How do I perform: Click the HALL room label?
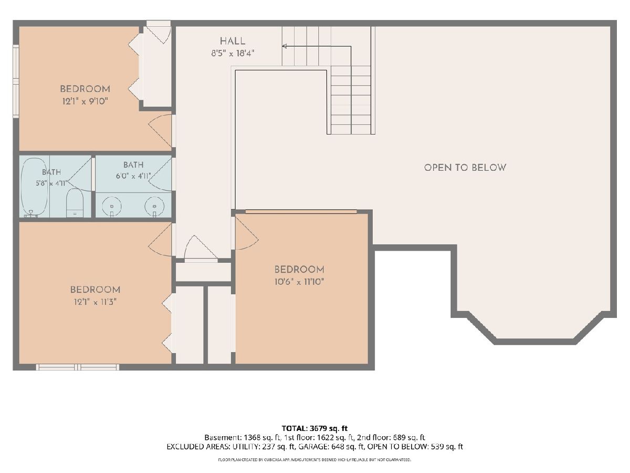pyautogui.click(x=233, y=42)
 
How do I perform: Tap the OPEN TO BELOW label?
pyautogui.click(x=465, y=168)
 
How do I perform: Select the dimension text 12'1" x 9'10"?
pyautogui.click(x=85, y=101)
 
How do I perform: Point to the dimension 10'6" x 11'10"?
pyautogui.click(x=299, y=282)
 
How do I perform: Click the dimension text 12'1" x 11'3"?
pyautogui.click(x=95, y=302)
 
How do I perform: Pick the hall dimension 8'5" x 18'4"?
pyautogui.click(x=233, y=54)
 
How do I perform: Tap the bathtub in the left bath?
pyautogui.click(x=34, y=191)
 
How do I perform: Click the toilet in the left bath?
pyautogui.click(x=75, y=203)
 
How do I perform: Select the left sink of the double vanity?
pyautogui.click(x=112, y=207)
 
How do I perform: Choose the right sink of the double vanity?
pyautogui.click(x=154, y=207)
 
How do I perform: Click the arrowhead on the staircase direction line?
pyautogui.click(x=285, y=46)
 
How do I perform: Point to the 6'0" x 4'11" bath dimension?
pyautogui.click(x=133, y=176)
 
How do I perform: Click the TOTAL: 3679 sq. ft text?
pyautogui.click(x=314, y=428)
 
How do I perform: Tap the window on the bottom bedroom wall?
pyautogui.click(x=77, y=367)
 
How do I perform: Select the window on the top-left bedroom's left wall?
pyautogui.click(x=16, y=81)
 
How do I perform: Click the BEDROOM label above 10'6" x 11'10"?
pyautogui.click(x=299, y=270)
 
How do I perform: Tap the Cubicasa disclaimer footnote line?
pyautogui.click(x=314, y=460)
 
